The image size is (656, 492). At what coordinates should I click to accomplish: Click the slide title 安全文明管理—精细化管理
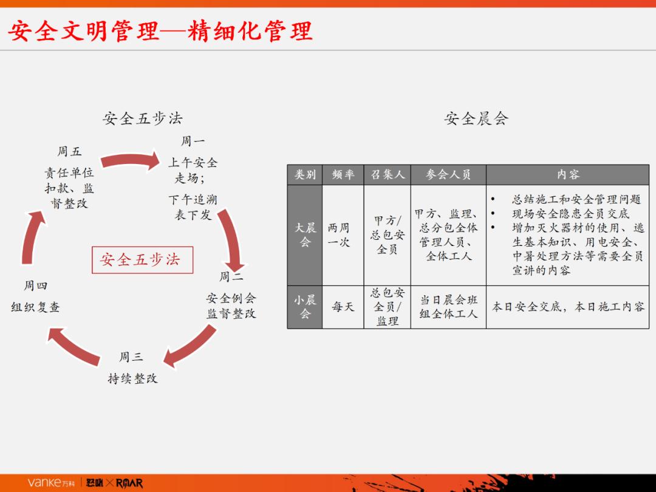pyautogui.click(x=160, y=31)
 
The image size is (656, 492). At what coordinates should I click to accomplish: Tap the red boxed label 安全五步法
pyautogui.click(x=142, y=259)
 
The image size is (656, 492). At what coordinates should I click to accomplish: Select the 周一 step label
pyautogui.click(x=193, y=142)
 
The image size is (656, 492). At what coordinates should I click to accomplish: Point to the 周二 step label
pyautogui.click(x=231, y=277)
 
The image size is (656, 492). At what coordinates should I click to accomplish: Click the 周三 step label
pyautogui.click(x=131, y=357)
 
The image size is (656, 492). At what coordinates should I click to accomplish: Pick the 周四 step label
pyautogui.click(x=35, y=285)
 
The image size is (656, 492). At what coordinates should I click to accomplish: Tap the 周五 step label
pyautogui.click(x=69, y=152)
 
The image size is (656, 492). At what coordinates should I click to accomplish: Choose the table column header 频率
pyautogui.click(x=343, y=175)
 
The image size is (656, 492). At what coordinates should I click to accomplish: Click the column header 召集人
pyautogui.click(x=388, y=175)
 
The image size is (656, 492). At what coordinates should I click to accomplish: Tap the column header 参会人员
pyautogui.click(x=448, y=175)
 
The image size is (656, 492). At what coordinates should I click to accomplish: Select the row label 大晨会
pyautogui.click(x=305, y=235)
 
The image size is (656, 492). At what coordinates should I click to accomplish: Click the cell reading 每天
pyautogui.click(x=343, y=307)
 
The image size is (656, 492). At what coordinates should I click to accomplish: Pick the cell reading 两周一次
pyautogui.click(x=339, y=235)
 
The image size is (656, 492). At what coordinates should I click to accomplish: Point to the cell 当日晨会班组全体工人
pyautogui.click(x=448, y=307)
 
